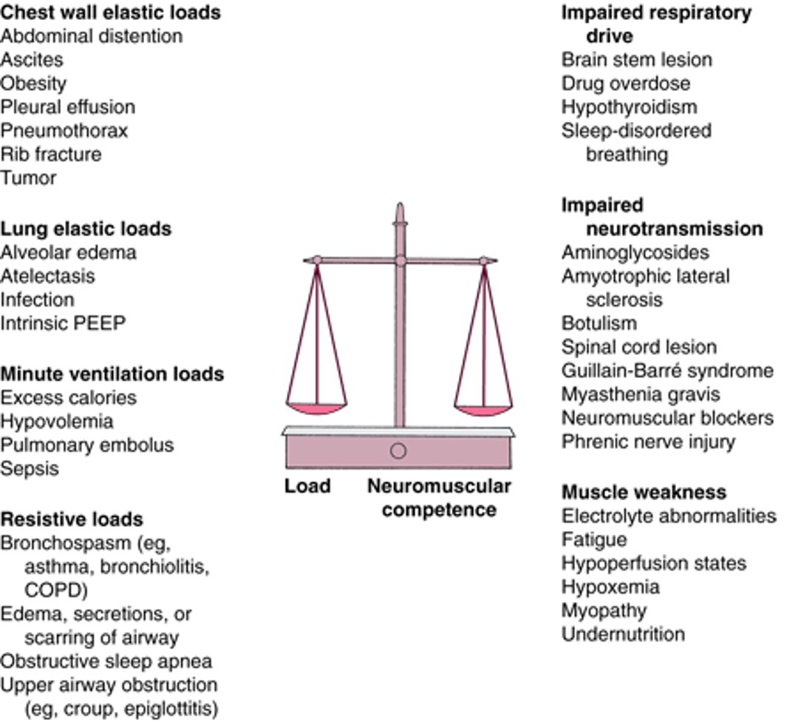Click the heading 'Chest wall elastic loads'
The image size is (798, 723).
pos(110,13)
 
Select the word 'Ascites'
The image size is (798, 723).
pos(32,60)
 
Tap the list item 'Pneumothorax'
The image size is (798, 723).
pos(64,131)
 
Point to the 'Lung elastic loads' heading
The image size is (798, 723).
pos(86,229)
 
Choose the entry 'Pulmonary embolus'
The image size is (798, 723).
pos(87,445)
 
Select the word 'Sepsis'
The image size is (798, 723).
pos(30,469)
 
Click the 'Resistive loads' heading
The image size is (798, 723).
pos(72,519)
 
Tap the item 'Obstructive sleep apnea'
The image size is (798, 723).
pos(106,661)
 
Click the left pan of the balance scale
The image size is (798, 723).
pos(316,407)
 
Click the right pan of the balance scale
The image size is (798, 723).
pos(483,408)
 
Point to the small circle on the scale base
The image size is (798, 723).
pos(398,450)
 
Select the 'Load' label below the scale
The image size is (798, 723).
pos(307,487)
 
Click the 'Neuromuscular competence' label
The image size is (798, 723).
pos(439,498)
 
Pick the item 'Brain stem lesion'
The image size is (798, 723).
pos(636,60)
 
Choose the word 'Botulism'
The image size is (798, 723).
pos(598,323)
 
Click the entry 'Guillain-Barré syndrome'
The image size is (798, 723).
pos(667,371)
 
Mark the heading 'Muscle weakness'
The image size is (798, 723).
pos(644,493)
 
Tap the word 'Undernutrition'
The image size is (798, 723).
pos(623,634)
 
